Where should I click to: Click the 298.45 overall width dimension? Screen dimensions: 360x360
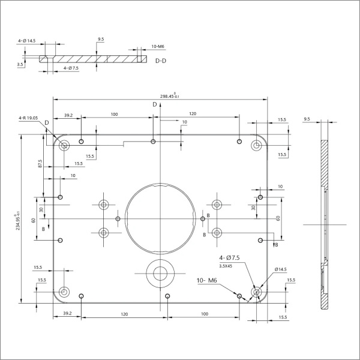click(x=170, y=95)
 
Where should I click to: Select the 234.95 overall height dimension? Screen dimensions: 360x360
click(x=18, y=219)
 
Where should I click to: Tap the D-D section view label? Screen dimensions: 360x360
click(x=161, y=61)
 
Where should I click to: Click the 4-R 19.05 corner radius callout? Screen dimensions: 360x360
click(x=28, y=119)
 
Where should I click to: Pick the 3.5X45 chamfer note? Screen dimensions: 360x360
click(x=226, y=265)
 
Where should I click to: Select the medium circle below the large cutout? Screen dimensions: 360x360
click(x=160, y=274)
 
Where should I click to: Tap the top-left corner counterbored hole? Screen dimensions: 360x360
click(x=64, y=144)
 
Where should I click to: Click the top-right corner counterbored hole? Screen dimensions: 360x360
click(x=257, y=144)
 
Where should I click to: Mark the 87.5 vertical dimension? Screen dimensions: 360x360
click(x=40, y=164)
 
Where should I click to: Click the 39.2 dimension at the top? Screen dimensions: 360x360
click(x=67, y=115)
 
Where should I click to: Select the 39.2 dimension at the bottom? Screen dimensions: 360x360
click(x=67, y=313)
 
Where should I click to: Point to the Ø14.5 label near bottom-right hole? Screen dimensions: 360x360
click(x=280, y=269)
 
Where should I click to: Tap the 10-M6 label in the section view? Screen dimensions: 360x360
click(x=158, y=46)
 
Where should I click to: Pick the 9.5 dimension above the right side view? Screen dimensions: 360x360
click(x=307, y=119)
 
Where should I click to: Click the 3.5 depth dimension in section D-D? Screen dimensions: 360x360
click(x=20, y=64)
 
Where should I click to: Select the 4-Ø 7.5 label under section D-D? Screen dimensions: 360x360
click(x=71, y=69)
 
